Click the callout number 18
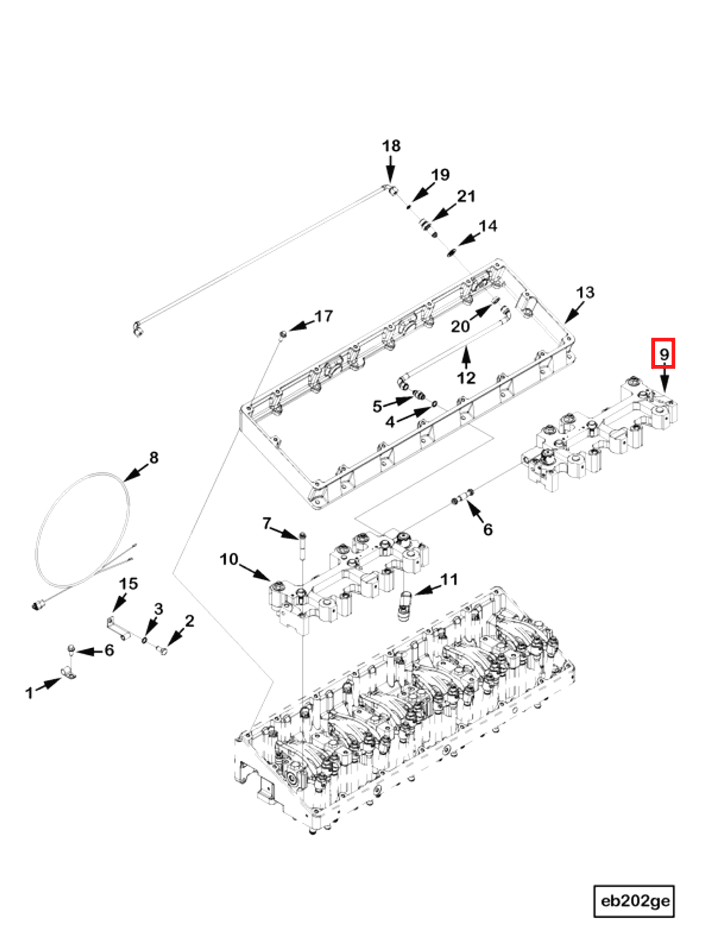[x=391, y=146]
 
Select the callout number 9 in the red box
[x=663, y=354]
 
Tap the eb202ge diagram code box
[x=634, y=901]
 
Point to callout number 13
[x=584, y=293]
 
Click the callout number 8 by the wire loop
[x=154, y=457]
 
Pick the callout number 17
[x=323, y=316]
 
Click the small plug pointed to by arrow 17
[x=283, y=334]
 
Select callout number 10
[x=229, y=559]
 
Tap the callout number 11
[x=449, y=580]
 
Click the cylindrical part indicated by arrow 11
[x=404, y=605]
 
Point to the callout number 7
[x=267, y=523]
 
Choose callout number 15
[x=128, y=584]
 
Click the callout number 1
[x=29, y=692]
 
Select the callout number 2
[x=189, y=621]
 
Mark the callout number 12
[x=466, y=378]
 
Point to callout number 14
[x=488, y=226]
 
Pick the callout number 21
[x=466, y=197]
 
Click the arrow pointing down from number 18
[x=390, y=169]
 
